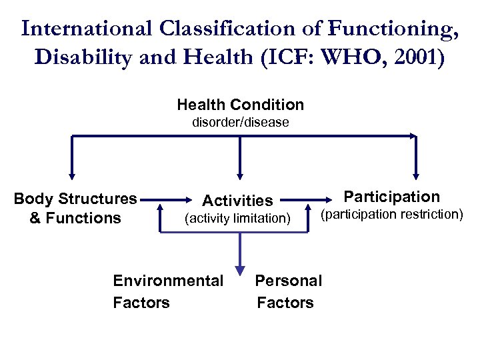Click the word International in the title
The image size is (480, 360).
pyautogui.click(x=87, y=29)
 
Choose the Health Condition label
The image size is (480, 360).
pyautogui.click(x=240, y=105)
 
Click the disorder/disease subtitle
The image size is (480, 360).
pyautogui.click(x=240, y=123)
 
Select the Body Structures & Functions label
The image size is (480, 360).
pyautogui.click(x=75, y=208)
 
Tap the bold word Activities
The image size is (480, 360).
pyautogui.click(x=237, y=200)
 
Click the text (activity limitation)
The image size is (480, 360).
pyautogui.click(x=237, y=218)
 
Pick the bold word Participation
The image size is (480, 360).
pyautogui.click(x=391, y=197)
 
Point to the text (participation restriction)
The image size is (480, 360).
pyautogui.click(x=391, y=214)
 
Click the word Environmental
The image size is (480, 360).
pyautogui.click(x=168, y=281)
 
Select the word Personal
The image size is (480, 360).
pyautogui.click(x=289, y=281)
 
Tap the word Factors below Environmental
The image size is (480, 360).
pyautogui.click(x=141, y=303)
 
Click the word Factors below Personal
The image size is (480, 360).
pyautogui.click(x=285, y=303)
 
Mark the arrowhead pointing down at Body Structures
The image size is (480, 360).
pyautogui.click(x=72, y=175)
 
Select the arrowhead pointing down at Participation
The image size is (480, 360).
pyautogui.click(x=416, y=175)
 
